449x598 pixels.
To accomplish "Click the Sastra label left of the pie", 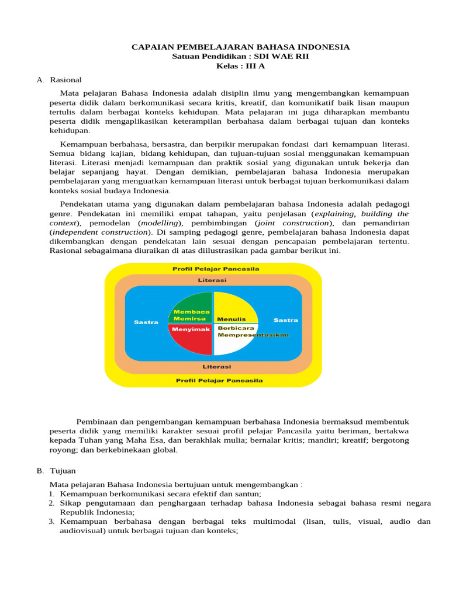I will click(x=146, y=322).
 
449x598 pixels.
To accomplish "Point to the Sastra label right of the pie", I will click(x=286, y=320).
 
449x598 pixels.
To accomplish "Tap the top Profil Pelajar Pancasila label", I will click(x=216, y=269).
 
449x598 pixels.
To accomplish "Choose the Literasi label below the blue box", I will click(x=216, y=367).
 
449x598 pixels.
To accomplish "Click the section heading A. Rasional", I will click(x=59, y=79).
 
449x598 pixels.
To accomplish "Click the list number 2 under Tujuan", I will click(x=51, y=503).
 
